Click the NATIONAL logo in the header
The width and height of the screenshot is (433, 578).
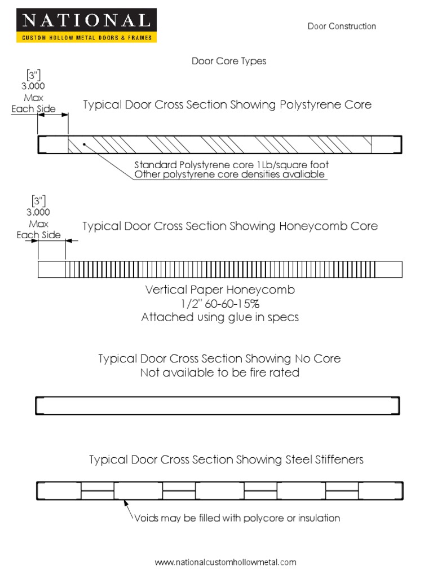tap(86, 21)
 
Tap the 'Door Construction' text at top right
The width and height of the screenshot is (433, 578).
tap(342, 26)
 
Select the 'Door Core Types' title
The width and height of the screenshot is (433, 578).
tap(229, 61)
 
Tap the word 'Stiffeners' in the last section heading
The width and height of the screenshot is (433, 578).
tap(336, 459)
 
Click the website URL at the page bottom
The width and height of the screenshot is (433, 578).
tap(226, 562)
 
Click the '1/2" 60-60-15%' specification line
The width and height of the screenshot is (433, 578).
tap(220, 304)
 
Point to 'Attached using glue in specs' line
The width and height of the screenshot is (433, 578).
tap(220, 317)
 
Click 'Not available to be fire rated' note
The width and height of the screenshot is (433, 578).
tap(220, 373)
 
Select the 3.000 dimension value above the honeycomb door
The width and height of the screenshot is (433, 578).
tap(37, 212)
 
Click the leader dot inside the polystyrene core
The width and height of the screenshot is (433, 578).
tap(84, 144)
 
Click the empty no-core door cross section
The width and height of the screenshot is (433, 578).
tap(218, 406)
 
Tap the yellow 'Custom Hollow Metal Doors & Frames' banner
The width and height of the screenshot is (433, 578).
tap(86, 37)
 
